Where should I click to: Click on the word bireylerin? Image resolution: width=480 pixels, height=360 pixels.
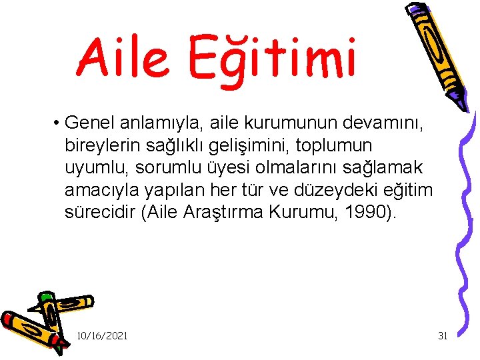(99, 145)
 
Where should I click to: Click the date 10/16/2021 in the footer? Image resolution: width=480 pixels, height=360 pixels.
(102, 335)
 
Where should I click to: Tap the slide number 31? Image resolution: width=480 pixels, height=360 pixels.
(442, 335)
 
